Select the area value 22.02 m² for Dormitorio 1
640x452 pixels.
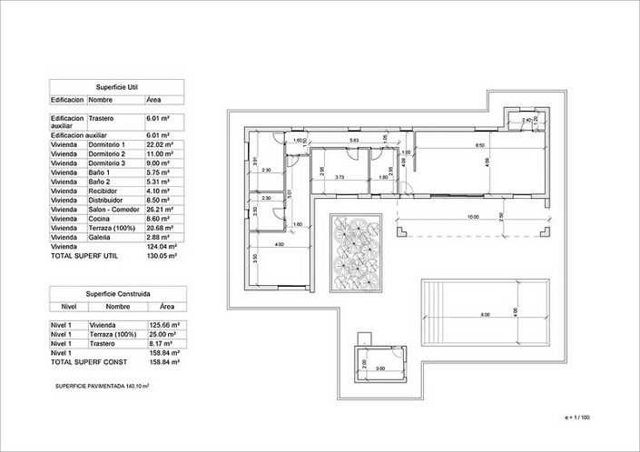pyautogui.click(x=160, y=144)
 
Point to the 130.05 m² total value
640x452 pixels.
pyautogui.click(x=161, y=256)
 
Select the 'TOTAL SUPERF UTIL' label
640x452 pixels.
pyautogui.click(x=83, y=256)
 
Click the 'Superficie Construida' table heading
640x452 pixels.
pyautogui.click(x=117, y=294)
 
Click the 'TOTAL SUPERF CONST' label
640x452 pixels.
pyautogui.click(x=85, y=362)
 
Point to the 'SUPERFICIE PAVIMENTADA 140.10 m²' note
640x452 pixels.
pyautogui.click(x=102, y=385)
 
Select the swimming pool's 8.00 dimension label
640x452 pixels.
pyautogui.click(x=485, y=314)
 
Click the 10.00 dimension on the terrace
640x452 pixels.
pyautogui.click(x=473, y=217)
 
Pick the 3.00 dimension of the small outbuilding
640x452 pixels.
pyautogui.click(x=379, y=368)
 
